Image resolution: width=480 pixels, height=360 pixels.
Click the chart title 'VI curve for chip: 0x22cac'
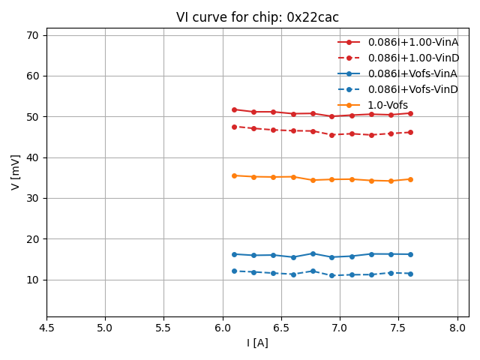tap(257, 17)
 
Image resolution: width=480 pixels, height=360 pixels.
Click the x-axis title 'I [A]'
tap(257, 343)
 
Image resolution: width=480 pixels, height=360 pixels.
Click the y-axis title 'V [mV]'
tap(16, 172)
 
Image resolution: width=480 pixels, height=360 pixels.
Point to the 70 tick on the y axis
tap(33, 35)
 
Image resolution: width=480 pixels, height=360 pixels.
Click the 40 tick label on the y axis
tap(33, 157)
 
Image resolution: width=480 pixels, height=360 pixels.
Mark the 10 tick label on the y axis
tap(33, 280)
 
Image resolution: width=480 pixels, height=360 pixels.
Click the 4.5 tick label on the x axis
tap(46, 328)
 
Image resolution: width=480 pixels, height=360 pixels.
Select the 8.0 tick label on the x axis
tap(457, 328)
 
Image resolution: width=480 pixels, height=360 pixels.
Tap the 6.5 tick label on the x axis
tap(281, 328)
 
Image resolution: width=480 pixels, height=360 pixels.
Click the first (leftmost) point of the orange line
tap(234, 175)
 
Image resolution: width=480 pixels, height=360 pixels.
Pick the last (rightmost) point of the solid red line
tap(410, 113)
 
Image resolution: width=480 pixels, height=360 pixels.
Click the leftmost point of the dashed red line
tap(234, 127)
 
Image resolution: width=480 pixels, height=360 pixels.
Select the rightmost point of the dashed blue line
tap(410, 273)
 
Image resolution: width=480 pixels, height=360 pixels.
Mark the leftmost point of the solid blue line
tap(234, 254)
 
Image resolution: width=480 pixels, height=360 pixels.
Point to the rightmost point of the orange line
tap(410, 179)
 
